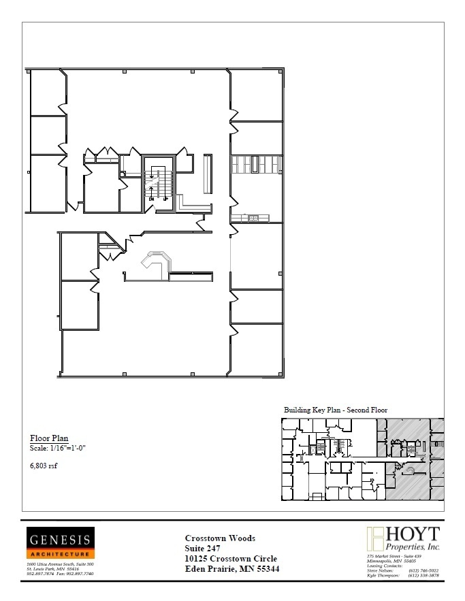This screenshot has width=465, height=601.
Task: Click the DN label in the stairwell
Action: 151,199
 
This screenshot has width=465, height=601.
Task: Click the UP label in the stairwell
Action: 165,199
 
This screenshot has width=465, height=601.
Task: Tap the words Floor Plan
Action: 49,438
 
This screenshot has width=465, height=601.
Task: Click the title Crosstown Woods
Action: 221,538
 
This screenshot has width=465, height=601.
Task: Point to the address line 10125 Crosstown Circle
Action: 231,558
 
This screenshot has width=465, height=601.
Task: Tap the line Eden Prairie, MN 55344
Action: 232,568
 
